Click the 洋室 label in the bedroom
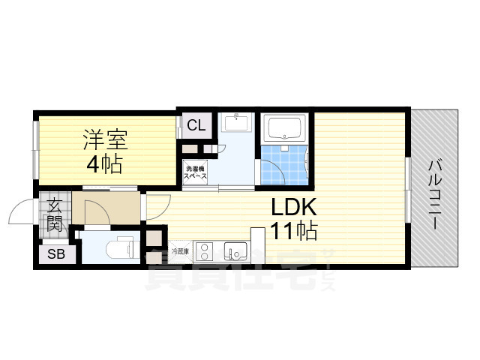[105, 139]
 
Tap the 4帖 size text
[105, 163]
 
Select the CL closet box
[196, 125]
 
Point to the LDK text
[294, 207]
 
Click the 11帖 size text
[294, 231]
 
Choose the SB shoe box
[57, 255]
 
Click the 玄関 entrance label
[55, 214]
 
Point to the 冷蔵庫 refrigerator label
[181, 250]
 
